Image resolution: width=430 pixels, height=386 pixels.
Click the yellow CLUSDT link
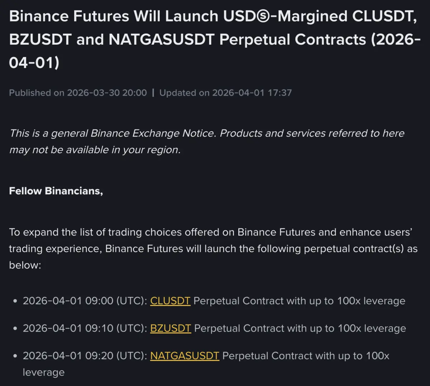pyautogui.click(x=170, y=301)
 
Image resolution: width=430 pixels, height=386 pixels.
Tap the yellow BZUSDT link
pyautogui.click(x=171, y=328)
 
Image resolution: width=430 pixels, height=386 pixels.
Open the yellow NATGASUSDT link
pyautogui.click(x=185, y=356)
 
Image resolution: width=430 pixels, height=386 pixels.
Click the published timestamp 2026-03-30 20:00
pyautogui.click(x=107, y=93)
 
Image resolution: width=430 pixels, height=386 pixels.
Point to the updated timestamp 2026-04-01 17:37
pyautogui.click(x=252, y=93)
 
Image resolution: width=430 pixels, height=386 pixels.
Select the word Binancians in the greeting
pyautogui.click(x=73, y=191)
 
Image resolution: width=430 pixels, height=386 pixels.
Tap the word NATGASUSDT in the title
pyautogui.click(x=162, y=40)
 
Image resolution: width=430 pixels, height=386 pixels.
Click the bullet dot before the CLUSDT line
pyautogui.click(x=15, y=301)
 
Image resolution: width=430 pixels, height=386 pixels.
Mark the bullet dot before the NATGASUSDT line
pyautogui.click(x=15, y=356)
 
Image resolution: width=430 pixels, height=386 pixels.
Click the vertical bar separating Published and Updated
pyautogui.click(x=153, y=93)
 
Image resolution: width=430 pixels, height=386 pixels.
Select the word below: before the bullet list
pyautogui.click(x=25, y=265)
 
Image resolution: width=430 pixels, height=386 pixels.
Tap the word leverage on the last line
pyautogui.click(x=44, y=372)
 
